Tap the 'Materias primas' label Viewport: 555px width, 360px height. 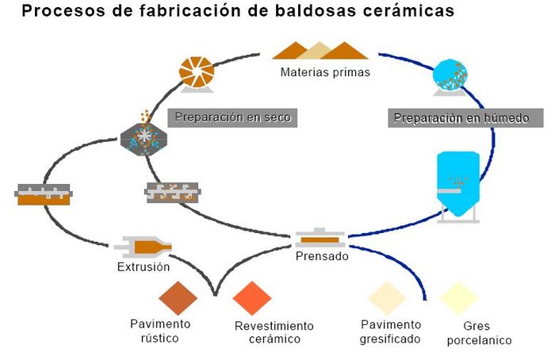tap(314, 72)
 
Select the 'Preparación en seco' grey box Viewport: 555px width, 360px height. tap(232, 117)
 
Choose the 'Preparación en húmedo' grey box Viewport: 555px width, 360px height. tap(467, 119)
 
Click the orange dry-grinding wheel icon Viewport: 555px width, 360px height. tap(197, 73)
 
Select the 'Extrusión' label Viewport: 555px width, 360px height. tap(143, 267)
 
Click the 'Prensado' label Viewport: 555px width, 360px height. tap(321, 256)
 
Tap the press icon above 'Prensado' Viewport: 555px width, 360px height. tap(321, 237)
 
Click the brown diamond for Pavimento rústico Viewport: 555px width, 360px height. tap(178, 298)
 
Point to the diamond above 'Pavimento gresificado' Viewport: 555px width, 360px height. tap(387, 297)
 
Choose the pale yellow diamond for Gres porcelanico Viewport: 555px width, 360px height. tap(460, 298)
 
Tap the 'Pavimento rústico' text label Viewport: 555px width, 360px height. tap(161, 331)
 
